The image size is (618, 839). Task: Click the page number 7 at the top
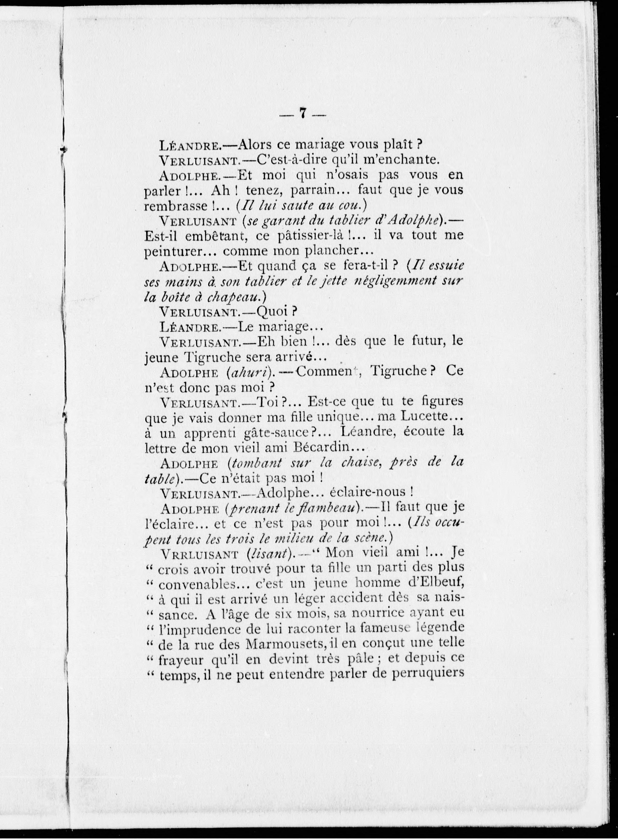303,114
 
